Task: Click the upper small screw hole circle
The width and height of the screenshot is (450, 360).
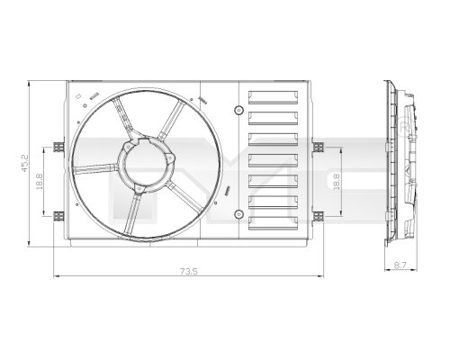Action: (x=238, y=110)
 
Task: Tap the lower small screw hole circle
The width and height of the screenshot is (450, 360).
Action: (x=238, y=213)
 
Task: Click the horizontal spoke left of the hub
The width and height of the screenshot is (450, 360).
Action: (x=95, y=168)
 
